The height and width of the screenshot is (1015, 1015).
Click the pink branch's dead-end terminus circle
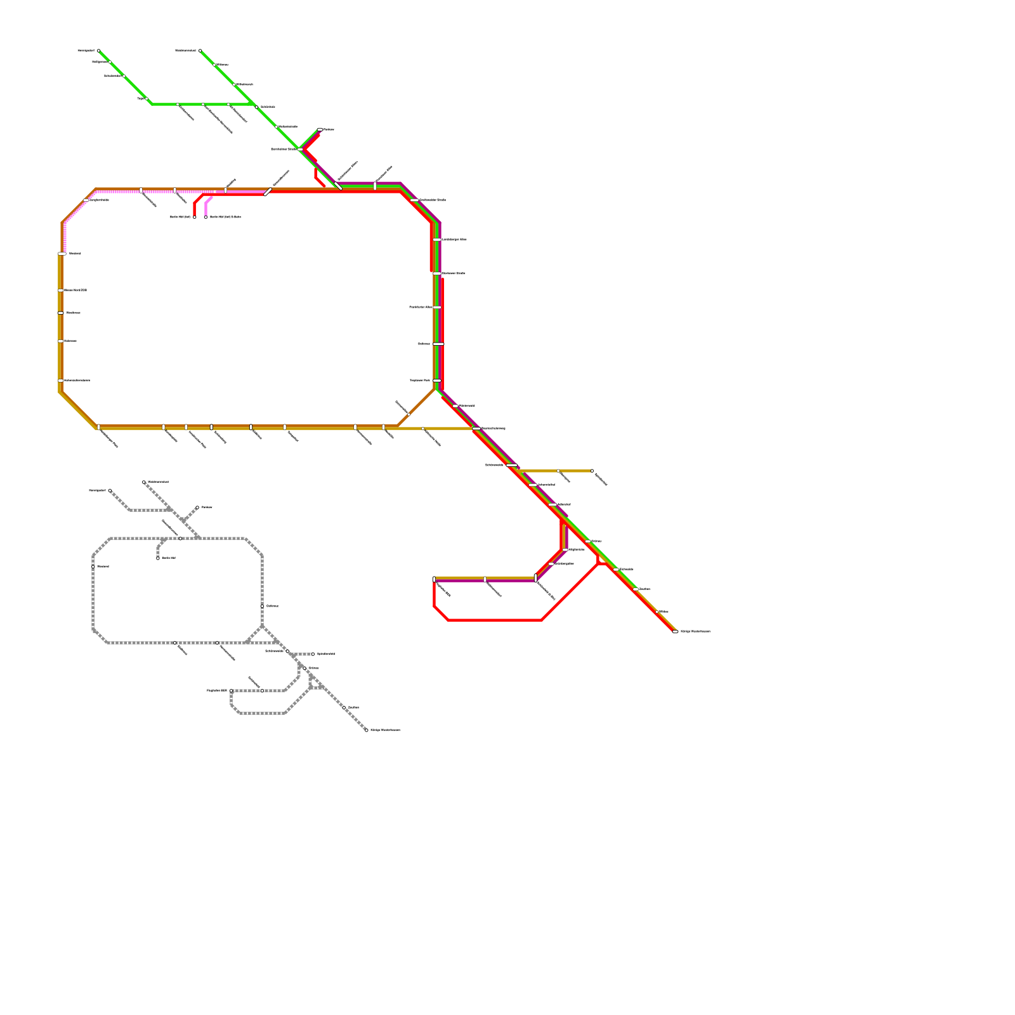coord(206,217)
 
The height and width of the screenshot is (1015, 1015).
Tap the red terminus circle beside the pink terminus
coord(194,217)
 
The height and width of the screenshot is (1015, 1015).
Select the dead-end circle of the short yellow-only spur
coord(592,471)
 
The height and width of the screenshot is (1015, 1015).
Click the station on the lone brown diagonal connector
coord(409,415)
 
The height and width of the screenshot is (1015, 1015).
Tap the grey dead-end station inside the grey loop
coord(158,558)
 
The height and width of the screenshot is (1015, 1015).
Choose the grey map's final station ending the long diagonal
coord(366,730)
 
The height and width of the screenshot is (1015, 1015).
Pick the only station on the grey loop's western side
coord(93,566)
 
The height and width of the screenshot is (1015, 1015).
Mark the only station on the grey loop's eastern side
coord(262,606)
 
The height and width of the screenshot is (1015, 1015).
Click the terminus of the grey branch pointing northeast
coord(197,507)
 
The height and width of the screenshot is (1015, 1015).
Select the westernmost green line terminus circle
coord(98,51)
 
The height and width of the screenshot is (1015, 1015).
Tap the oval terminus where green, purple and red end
coord(320,129)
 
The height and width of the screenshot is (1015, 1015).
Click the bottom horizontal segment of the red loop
coord(495,620)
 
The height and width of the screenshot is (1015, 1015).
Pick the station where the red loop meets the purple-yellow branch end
coord(434,579)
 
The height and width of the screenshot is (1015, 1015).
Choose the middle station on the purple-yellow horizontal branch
coord(485,579)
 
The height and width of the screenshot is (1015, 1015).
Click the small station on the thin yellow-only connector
coord(423,429)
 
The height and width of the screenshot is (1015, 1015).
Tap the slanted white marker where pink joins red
coord(268,192)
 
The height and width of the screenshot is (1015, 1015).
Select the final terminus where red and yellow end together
coord(675,632)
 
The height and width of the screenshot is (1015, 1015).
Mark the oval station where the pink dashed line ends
coord(62,254)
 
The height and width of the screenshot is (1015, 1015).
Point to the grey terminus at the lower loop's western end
coord(231,691)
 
